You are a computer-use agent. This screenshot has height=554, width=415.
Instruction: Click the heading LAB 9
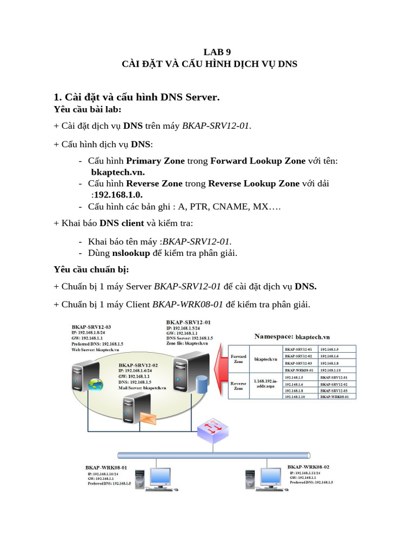point(217,52)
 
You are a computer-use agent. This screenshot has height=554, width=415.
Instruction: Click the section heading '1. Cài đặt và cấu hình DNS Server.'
point(137,97)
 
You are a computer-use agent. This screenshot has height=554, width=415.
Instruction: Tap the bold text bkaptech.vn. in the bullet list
point(118,172)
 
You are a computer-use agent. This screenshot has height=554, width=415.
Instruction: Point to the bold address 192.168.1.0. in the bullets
point(122,194)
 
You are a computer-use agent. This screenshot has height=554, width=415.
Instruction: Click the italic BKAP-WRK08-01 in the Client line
point(188,305)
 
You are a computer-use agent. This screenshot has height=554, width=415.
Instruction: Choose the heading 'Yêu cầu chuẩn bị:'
point(91,269)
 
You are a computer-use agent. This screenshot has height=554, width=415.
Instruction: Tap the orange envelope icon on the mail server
point(148,418)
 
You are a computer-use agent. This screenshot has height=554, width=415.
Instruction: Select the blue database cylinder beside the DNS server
point(203,384)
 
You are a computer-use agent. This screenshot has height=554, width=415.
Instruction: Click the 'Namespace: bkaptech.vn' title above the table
point(292,337)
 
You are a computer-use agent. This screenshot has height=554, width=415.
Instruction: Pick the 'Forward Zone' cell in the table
point(238,359)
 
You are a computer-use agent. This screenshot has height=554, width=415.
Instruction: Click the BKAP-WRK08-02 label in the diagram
point(308,466)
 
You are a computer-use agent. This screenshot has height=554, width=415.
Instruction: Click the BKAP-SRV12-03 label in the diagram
point(91,327)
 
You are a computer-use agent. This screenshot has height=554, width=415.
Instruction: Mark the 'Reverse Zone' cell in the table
point(238,385)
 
